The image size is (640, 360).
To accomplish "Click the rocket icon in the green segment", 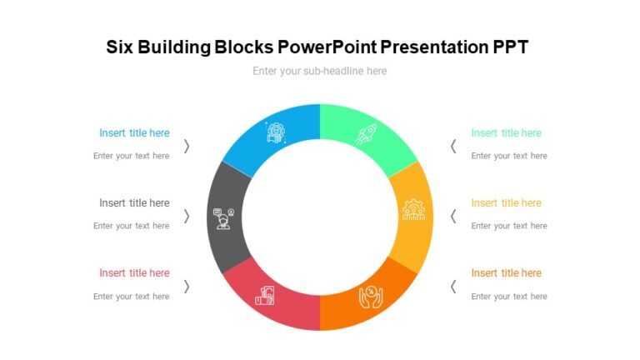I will (366, 134).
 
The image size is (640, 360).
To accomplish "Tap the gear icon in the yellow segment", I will (413, 208).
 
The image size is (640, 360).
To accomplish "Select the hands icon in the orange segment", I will (371, 296).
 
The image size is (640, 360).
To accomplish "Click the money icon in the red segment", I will (266, 296).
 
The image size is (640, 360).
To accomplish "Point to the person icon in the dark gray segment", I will (224, 218).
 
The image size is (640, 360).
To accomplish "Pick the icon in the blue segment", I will (276, 133).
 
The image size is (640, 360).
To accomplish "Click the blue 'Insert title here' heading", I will (134, 133).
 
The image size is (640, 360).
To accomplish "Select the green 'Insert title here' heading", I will (506, 133).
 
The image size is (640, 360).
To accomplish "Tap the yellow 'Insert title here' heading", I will (506, 203).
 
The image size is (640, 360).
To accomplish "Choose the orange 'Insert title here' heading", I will (506, 273).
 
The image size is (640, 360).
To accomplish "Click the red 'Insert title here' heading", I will (134, 273).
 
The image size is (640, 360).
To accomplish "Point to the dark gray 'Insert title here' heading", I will (134, 203).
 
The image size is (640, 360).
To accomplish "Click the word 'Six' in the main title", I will (120, 47).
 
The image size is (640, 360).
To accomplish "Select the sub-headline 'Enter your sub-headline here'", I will (320, 72).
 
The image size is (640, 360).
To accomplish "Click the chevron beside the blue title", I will (187, 146).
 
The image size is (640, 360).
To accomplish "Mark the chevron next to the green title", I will (453, 146).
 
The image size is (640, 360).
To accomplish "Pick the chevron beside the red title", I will (187, 286).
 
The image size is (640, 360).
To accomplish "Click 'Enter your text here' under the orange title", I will (508, 297).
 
